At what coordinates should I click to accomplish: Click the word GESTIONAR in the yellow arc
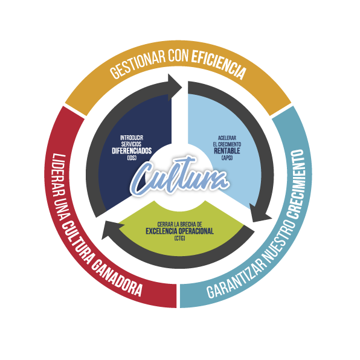coord(138,63)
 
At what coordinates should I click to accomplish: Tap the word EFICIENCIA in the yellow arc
coord(219,63)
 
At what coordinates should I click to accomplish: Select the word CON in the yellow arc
coord(178,56)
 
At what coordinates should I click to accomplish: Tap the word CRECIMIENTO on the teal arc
coord(297,184)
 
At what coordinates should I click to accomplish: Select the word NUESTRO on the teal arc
coord(280,239)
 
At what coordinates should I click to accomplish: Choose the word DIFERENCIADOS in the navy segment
coord(132,151)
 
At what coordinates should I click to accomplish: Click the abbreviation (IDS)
coord(132,158)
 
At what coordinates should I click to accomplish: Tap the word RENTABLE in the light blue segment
coord(227,151)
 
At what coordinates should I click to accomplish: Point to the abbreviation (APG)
coord(227,158)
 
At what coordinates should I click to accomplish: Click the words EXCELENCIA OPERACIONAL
coord(180,231)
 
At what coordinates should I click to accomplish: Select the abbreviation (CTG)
coord(180,239)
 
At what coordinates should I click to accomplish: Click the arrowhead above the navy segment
coord(174,87)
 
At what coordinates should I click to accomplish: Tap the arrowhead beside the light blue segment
coord(260,213)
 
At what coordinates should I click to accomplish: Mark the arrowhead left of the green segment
coord(109,230)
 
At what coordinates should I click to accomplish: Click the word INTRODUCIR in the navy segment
coord(132,138)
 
